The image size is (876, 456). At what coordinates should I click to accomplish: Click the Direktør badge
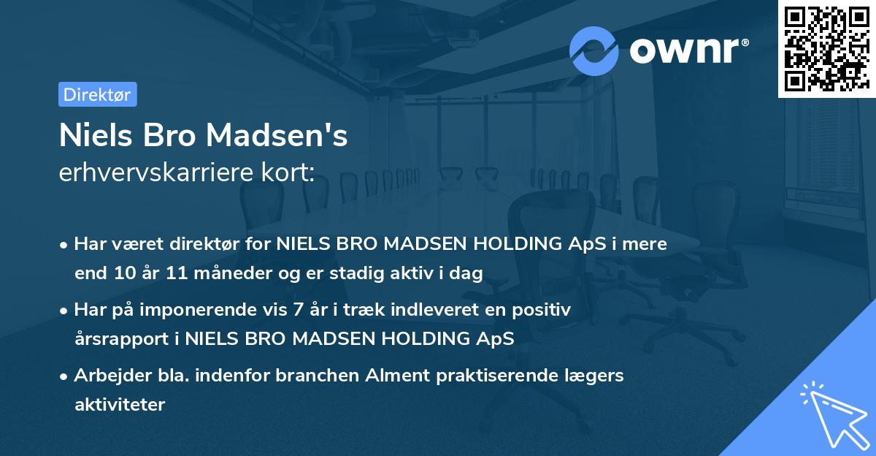(x=97, y=94)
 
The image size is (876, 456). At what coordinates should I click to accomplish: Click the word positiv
(x=545, y=309)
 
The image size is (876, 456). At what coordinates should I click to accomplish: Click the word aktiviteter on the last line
(x=120, y=404)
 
